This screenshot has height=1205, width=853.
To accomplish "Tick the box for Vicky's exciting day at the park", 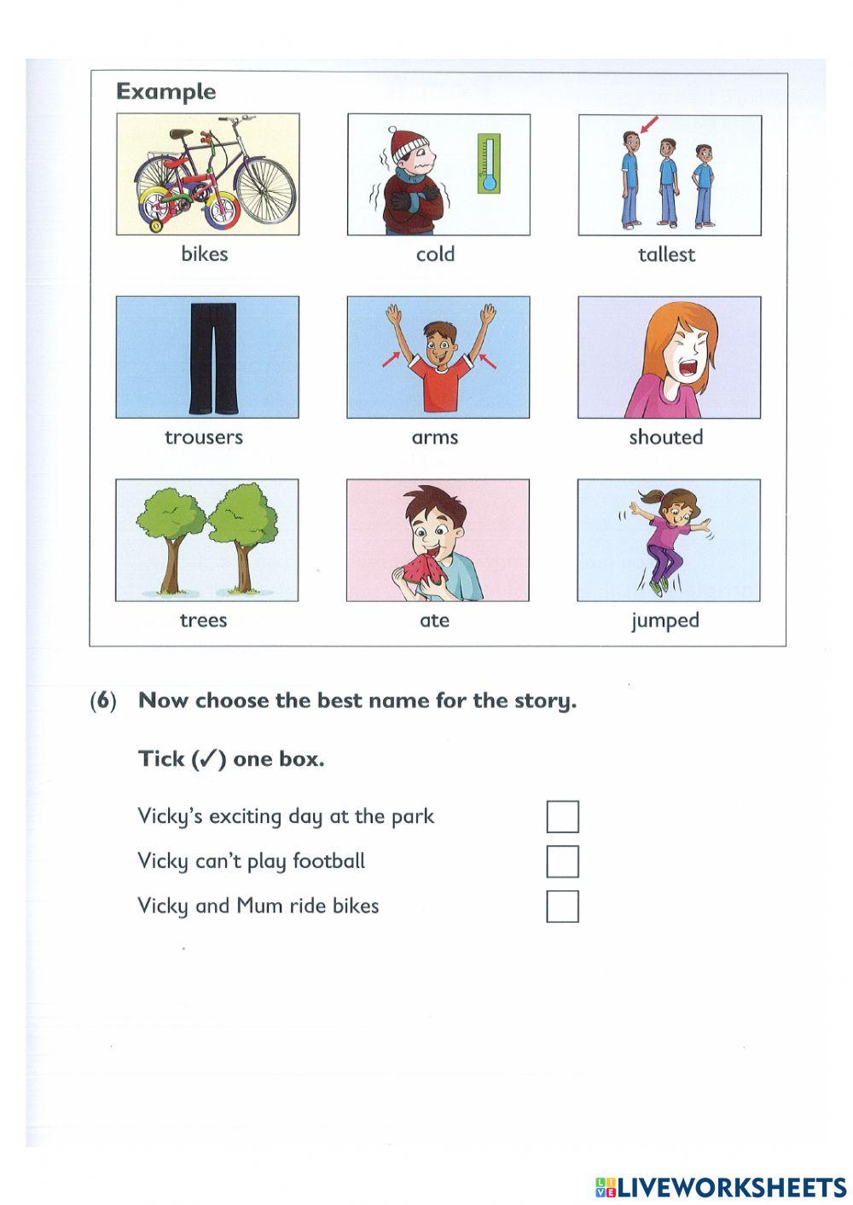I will pos(562,816).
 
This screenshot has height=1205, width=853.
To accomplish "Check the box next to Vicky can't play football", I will pos(562,861).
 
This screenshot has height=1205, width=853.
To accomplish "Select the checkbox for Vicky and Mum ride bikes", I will pos(562,907).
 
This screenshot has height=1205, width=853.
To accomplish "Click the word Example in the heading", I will pos(166,91).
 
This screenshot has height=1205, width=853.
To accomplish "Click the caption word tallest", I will pos(666,254).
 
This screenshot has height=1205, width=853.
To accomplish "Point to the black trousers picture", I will pos(206,356).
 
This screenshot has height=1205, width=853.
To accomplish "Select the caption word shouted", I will pos(666,437).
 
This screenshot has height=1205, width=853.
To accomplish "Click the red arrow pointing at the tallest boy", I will pos(649,126).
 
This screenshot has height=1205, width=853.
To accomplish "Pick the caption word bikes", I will pos(205,254).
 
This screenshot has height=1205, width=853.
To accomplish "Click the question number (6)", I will pos(103,701).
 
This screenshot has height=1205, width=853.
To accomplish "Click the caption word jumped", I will pos(665,621).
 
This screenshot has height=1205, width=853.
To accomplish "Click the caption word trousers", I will pos(204,437).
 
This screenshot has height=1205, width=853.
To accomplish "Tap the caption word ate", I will pos(434,621).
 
